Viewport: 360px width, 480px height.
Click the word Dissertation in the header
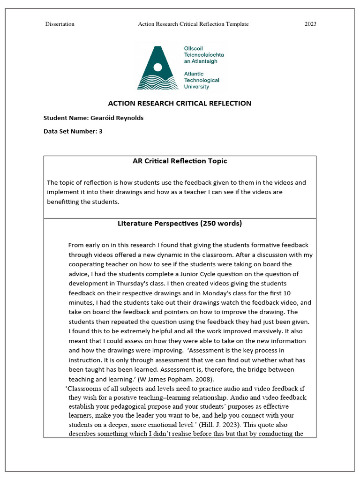[60, 24]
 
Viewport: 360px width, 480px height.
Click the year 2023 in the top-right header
[310, 24]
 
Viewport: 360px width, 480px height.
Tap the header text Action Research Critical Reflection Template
[193, 24]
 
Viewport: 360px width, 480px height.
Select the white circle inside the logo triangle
[158, 67]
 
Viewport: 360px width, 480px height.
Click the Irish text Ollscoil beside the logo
[194, 48]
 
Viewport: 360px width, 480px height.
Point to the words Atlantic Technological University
[202, 80]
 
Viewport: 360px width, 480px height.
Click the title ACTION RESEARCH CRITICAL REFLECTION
[180, 103]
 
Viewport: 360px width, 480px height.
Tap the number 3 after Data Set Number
[100, 132]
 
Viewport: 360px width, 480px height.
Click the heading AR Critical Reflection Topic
[180, 161]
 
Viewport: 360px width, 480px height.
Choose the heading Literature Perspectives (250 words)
[180, 224]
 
